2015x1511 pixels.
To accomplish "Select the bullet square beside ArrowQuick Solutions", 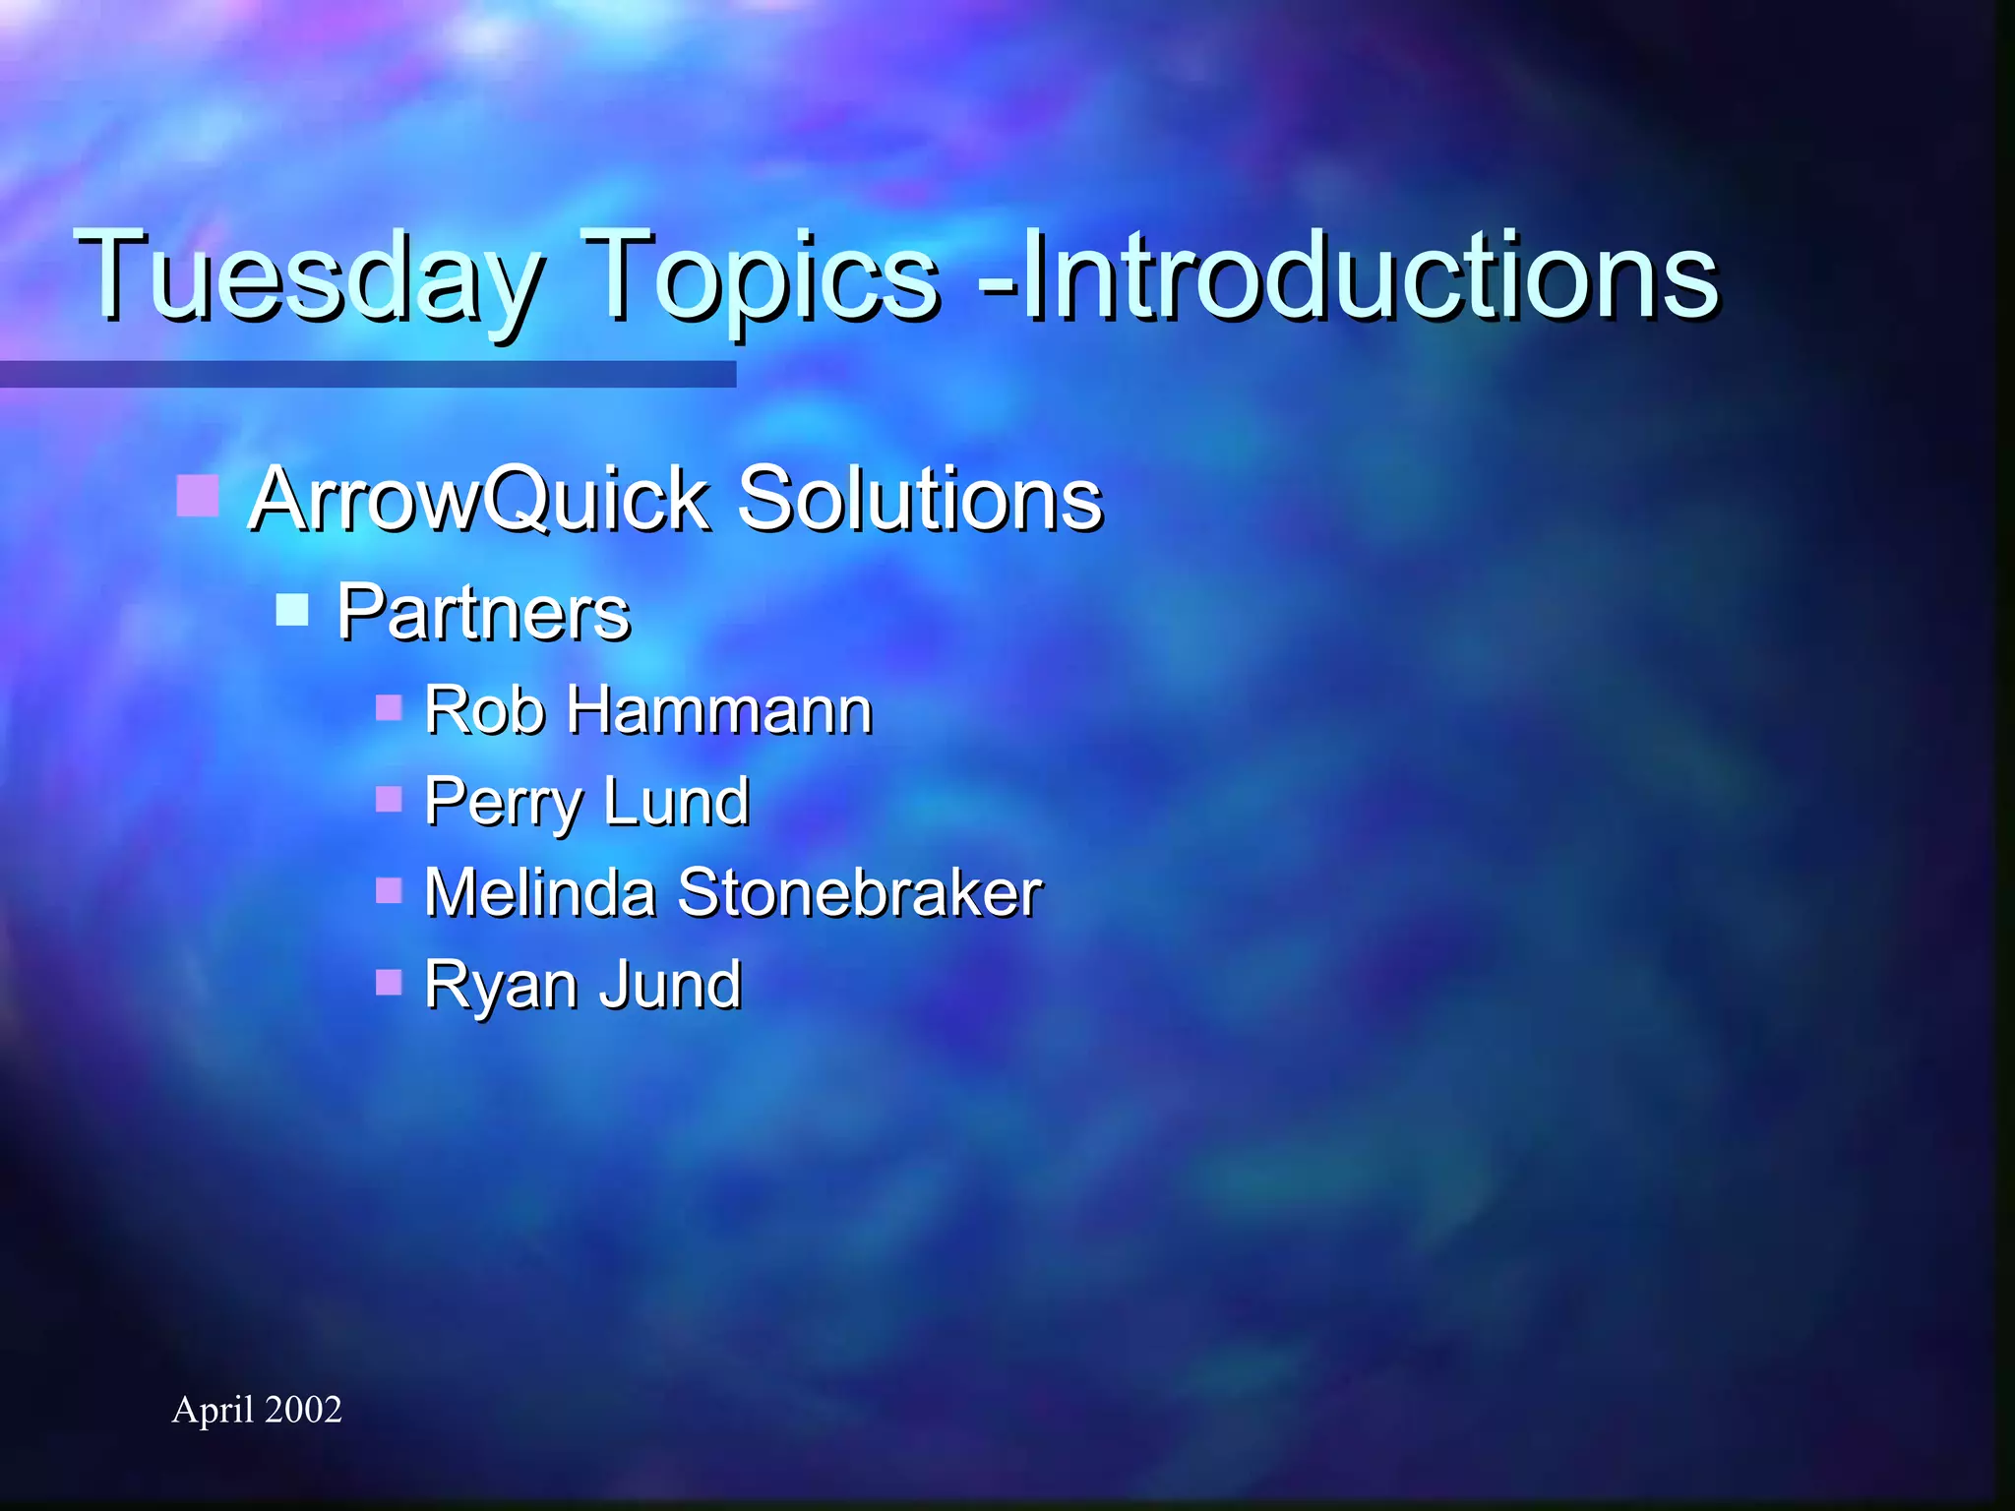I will click(x=197, y=495).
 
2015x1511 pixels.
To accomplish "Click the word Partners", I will click(x=482, y=612).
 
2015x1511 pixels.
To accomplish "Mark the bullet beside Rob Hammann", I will click(x=389, y=706).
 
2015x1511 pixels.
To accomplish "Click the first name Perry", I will click(x=504, y=802).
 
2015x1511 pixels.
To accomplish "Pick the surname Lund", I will click(x=676, y=801).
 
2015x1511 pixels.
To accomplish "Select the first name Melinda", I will click(x=539, y=892).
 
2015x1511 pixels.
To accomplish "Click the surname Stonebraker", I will click(x=859, y=892).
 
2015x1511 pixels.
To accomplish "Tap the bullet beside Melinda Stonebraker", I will click(x=389, y=890).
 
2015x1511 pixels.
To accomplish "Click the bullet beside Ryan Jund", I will click(x=389, y=982).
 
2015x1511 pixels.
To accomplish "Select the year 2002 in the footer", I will click(x=303, y=1410).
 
